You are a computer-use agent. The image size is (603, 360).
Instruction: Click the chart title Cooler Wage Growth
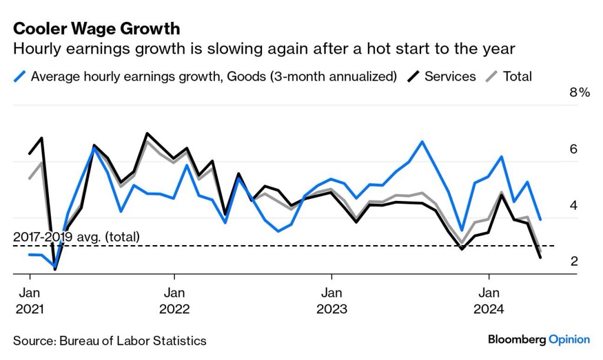(97, 28)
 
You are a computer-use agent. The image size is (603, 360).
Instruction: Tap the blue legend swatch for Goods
(20, 76)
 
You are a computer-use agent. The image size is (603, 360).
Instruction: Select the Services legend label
(450, 76)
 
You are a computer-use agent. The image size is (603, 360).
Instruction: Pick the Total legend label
(517, 76)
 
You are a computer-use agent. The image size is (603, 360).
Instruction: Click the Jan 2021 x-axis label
(29, 300)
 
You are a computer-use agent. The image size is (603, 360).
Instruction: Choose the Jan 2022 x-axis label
(174, 300)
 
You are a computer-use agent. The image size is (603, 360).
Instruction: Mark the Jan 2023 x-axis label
(332, 300)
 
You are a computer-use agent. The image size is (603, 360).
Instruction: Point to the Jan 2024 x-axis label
(489, 300)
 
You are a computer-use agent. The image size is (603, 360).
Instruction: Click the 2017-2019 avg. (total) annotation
(77, 237)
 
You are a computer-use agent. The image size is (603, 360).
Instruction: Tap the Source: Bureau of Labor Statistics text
(110, 341)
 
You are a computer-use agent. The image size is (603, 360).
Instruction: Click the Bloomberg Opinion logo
(538, 339)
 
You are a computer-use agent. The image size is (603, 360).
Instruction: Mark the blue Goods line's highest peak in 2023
(422, 141)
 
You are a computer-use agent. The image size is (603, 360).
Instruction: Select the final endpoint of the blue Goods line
(541, 219)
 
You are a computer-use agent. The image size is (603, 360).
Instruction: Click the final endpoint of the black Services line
(541, 257)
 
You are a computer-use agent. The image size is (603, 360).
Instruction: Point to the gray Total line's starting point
(29, 178)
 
